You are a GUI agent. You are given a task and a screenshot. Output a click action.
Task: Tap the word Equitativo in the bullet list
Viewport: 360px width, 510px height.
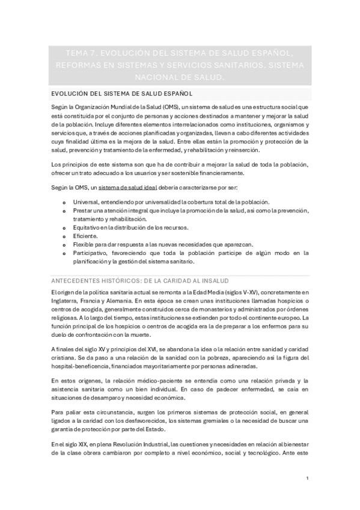click(89, 227)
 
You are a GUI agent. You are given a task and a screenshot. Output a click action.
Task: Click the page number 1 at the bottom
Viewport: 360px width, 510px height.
click(307, 478)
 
